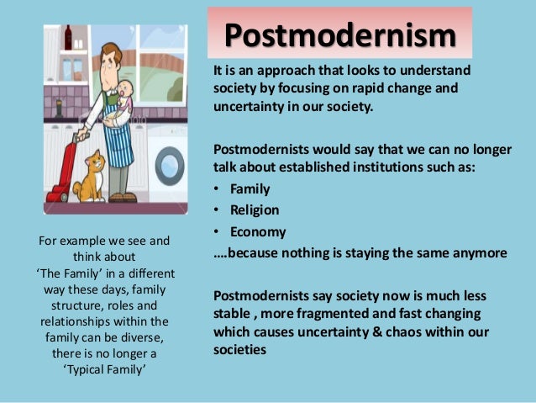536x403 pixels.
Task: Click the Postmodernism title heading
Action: coord(339,36)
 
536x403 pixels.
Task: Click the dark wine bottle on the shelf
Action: coord(68,38)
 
